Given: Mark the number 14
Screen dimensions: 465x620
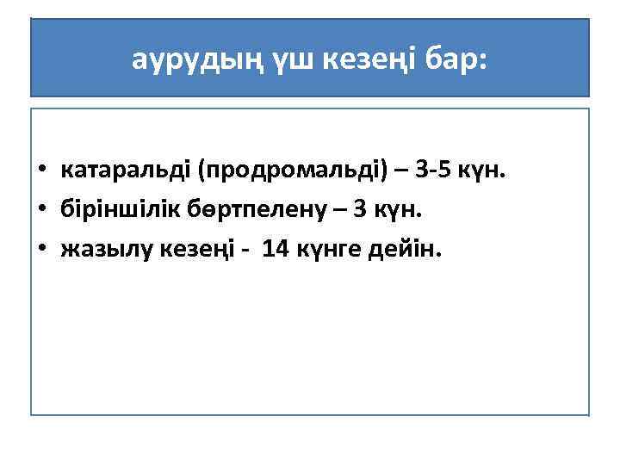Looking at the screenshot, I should point(276,248).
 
